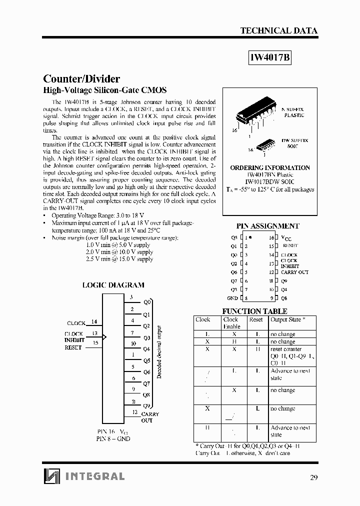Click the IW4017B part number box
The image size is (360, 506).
pos(269,57)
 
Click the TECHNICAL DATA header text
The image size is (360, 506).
pos(278,30)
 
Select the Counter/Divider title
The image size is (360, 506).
pos(81,79)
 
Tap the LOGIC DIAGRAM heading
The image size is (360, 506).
pos(113,285)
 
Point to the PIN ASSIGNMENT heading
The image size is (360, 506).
pos(267,226)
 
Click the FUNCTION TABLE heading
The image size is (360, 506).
pos(254,311)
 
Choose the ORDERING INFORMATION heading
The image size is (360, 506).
pos(269,167)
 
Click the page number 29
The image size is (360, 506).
pos(313,477)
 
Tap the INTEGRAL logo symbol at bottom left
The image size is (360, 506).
pos(51,475)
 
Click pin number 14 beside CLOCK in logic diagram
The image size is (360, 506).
pos(94,322)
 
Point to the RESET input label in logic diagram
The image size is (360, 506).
pos(73,347)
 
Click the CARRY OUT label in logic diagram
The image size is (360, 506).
pos(150,417)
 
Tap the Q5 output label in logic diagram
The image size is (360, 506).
pos(146,360)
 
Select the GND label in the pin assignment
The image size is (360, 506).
pos(232,298)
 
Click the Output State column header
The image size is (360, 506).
pos(287,319)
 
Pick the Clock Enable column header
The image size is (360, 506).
pos(230,323)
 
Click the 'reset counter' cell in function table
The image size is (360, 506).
pos(285,349)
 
